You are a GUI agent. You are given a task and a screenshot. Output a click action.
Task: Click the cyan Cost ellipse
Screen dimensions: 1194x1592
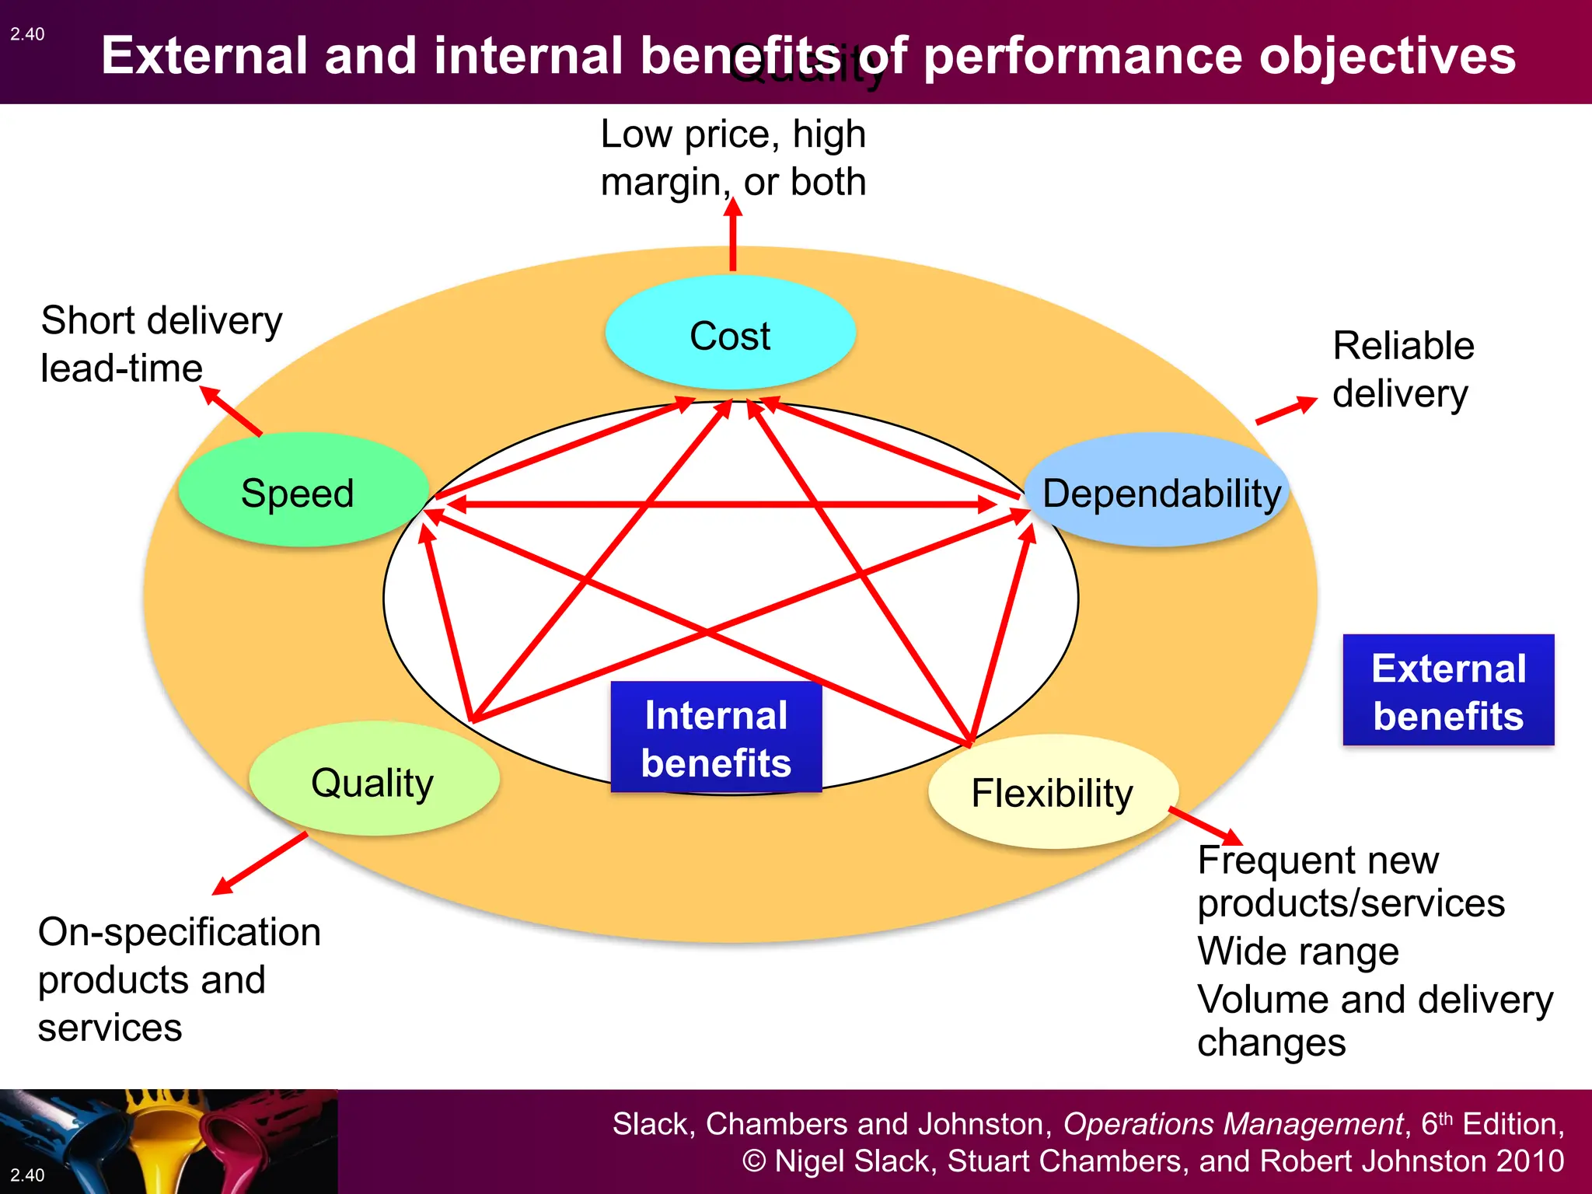(730, 334)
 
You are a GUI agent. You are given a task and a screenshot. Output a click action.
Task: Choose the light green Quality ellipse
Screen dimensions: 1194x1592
(373, 780)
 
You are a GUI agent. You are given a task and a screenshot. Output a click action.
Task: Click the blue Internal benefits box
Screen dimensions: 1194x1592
(716, 738)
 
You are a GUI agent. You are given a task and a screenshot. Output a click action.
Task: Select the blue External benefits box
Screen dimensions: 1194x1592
(1448, 690)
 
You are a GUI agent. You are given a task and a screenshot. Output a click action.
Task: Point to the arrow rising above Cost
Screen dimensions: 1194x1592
(732, 233)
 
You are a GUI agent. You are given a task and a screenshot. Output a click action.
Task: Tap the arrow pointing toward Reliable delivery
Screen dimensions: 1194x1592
(1287, 410)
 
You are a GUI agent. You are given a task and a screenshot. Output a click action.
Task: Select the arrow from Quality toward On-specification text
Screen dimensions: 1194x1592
(260, 863)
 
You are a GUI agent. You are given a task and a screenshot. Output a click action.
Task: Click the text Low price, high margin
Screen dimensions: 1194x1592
(733, 158)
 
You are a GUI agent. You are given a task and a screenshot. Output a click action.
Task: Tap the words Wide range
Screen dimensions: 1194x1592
(1298, 951)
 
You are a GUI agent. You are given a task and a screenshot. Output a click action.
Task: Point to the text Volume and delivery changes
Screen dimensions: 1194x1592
(1374, 1020)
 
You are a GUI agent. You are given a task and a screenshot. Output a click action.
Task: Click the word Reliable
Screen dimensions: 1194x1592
(1403, 346)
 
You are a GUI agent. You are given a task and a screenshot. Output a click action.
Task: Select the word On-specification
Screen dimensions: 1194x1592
(180, 932)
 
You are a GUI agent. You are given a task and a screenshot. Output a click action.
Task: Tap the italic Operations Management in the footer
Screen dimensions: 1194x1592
(1233, 1124)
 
